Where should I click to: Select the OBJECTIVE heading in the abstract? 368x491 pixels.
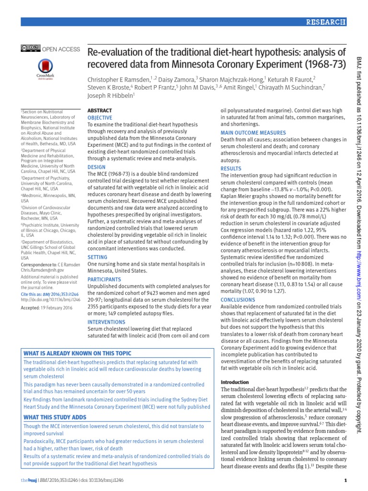[x=100, y=117]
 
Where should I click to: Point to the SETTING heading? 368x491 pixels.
[x=97, y=257]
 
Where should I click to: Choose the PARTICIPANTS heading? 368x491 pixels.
[x=103, y=279]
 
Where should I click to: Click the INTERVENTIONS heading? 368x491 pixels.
[x=106, y=322]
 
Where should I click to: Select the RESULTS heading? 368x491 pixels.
[x=231, y=168]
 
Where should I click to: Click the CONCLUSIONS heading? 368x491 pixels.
[x=238, y=300]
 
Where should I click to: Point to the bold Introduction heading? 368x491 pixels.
[x=234, y=382]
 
